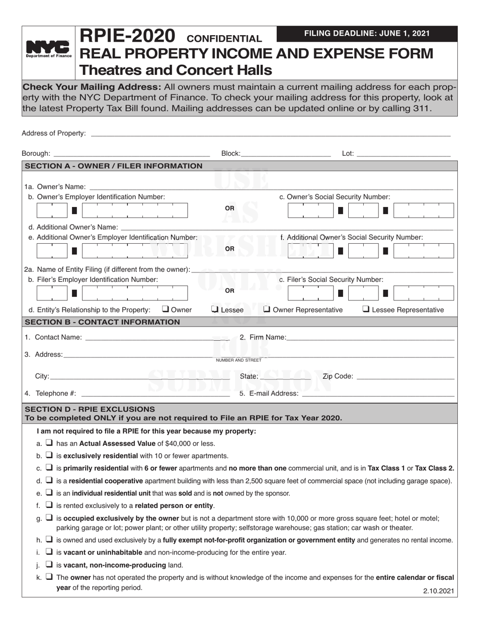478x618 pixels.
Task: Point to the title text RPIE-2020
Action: click(128, 36)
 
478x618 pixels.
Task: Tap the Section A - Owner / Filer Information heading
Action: click(114, 166)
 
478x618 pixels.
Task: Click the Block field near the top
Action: click(285, 154)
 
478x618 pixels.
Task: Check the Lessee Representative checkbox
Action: click(366, 310)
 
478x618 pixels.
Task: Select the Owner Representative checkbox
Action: click(267, 310)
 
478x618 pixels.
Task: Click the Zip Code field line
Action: click(405, 376)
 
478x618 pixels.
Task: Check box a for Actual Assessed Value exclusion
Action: click(49, 443)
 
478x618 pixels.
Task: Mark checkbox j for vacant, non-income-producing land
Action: click(49, 565)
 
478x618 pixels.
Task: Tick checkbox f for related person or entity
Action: click(49, 505)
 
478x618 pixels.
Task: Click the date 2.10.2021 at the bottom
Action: click(438, 591)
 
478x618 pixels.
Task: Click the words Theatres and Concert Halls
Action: click(170, 69)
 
